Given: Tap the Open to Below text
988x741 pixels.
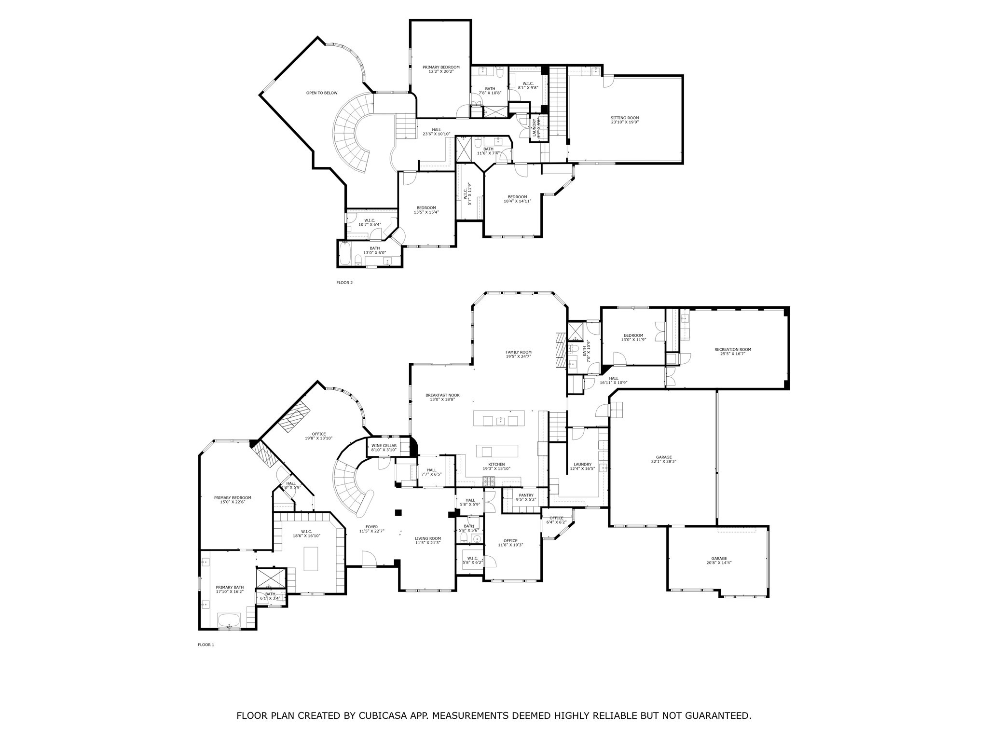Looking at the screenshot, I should pyautogui.click(x=322, y=93).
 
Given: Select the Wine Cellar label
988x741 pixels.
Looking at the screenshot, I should pyautogui.click(x=384, y=448).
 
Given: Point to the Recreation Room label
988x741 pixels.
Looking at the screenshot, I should pyautogui.click(x=732, y=352).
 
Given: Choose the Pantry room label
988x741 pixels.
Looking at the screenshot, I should pyautogui.click(x=526, y=497).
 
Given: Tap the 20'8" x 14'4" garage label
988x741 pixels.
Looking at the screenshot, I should pyautogui.click(x=718, y=561).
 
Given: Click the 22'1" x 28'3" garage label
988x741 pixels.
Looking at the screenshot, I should pyautogui.click(x=664, y=459).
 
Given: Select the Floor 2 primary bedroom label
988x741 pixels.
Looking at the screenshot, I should pyautogui.click(x=441, y=69).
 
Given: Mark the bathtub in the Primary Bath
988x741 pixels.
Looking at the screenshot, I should pyautogui.click(x=230, y=619).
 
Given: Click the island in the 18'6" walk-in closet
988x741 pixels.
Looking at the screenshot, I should pyautogui.click(x=311, y=559).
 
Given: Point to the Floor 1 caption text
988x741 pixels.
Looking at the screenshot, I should pyautogui.click(x=206, y=645).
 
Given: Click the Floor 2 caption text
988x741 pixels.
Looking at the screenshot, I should pyautogui.click(x=344, y=283).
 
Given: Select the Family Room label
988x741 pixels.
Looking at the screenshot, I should pyautogui.click(x=518, y=354).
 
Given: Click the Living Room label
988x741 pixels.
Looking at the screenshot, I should pyautogui.click(x=428, y=541).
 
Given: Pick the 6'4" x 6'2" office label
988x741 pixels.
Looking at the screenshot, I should pyautogui.click(x=556, y=520).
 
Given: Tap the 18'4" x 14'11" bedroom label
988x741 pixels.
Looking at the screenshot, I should pyautogui.click(x=517, y=199).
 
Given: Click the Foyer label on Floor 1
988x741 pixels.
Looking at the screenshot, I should pyautogui.click(x=371, y=529).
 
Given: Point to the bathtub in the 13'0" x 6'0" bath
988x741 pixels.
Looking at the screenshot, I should pyautogui.click(x=344, y=254).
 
